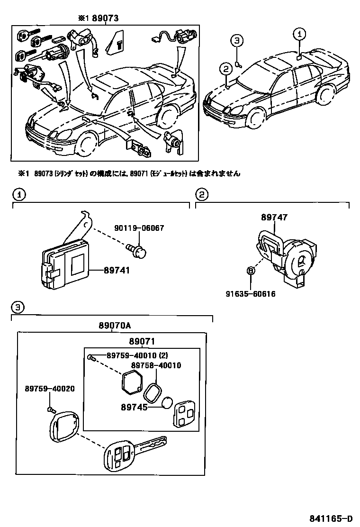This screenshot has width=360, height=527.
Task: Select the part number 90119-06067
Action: click(x=139, y=228)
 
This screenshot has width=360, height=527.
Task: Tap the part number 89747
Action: click(x=274, y=218)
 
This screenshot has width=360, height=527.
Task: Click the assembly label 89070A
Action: click(x=114, y=326)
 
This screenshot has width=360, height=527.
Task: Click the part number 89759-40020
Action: click(x=50, y=389)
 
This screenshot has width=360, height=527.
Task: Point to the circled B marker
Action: click(x=251, y=271)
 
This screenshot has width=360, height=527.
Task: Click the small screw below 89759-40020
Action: click(x=49, y=409)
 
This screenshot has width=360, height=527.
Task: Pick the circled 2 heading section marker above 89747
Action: click(x=201, y=194)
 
